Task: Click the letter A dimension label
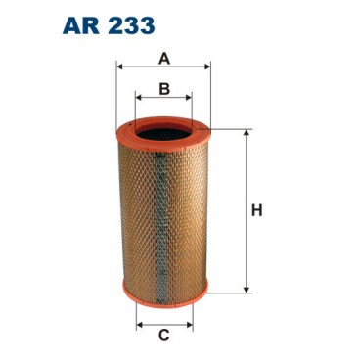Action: [164, 58]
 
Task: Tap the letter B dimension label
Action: [164, 89]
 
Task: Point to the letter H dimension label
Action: [258, 209]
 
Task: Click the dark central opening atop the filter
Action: [164, 128]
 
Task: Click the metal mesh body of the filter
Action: [164, 210]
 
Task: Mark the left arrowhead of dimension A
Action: [119, 67]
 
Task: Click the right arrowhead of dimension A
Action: [208, 67]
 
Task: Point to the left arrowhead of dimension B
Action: [139, 99]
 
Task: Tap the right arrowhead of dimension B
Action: [190, 99]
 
